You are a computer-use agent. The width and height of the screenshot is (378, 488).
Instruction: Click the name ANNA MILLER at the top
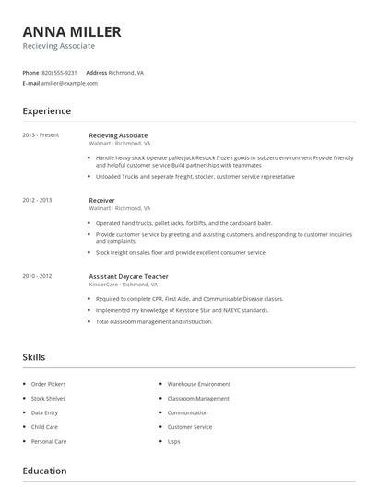71,32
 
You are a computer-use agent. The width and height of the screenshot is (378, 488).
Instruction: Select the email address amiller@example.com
69,83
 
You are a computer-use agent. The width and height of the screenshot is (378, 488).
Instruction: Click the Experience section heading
46,111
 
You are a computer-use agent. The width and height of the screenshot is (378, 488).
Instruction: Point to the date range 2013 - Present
41,135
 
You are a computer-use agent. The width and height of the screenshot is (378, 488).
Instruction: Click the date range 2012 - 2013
37,200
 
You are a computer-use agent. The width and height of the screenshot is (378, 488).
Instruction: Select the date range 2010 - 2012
37,276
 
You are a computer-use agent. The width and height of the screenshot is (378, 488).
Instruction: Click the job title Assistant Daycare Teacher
128,276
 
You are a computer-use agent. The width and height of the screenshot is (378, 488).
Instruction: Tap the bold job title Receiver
101,200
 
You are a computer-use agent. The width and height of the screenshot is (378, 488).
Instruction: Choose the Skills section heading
33,357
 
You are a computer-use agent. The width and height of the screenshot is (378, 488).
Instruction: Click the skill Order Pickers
48,383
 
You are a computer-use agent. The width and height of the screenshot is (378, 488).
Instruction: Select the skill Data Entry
44,412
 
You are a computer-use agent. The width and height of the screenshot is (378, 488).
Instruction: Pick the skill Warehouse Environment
199,383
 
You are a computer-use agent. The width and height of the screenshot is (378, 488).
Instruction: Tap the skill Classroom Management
198,398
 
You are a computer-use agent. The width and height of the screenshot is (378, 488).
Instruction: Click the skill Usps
173,442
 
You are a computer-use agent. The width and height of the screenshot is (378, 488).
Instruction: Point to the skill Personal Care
49,442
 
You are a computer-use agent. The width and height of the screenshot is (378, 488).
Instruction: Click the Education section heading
44,471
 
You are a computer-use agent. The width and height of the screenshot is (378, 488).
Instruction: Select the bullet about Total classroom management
154,321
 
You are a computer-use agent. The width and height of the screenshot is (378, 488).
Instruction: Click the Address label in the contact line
96,72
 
